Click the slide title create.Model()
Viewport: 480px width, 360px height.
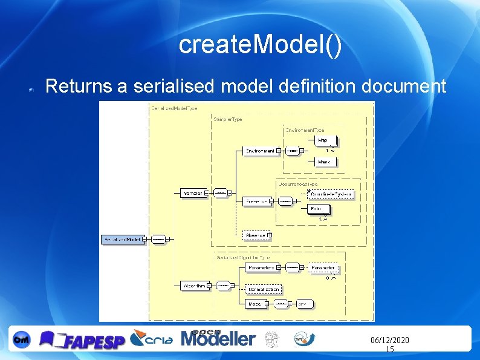point(260,46)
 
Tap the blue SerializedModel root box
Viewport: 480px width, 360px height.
point(123,240)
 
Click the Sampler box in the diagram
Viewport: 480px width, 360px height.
point(193,193)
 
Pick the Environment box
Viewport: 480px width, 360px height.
point(261,151)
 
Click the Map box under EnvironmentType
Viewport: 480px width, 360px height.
point(325,140)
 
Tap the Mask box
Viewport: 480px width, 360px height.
point(325,162)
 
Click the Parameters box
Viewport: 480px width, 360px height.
point(262,267)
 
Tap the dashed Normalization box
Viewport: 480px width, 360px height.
point(264,289)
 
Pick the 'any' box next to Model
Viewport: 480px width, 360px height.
point(303,304)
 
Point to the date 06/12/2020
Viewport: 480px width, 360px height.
point(389,341)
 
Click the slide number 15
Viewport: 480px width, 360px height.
point(389,350)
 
